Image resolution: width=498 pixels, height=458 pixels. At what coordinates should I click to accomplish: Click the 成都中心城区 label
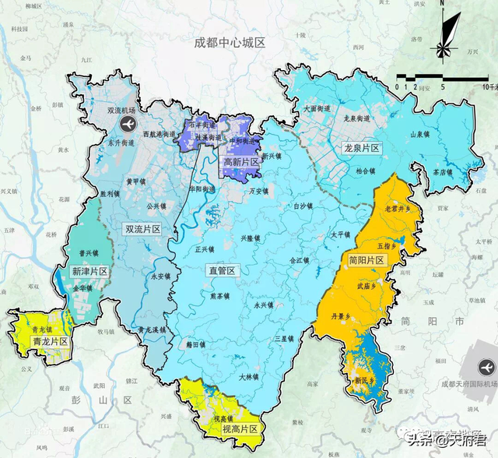tap(230, 42)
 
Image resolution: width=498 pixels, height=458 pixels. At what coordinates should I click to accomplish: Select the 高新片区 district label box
tap(240, 162)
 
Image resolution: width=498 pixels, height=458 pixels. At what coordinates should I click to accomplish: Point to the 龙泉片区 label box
tap(361, 148)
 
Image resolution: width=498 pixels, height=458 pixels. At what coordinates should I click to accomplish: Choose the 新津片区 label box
tap(89, 271)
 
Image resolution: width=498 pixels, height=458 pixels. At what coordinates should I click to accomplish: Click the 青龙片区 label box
tap(50, 341)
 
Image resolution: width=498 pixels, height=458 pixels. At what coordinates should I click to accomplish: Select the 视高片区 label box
tap(239, 428)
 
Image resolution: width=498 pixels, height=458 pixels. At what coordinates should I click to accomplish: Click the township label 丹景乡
tap(342, 316)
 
